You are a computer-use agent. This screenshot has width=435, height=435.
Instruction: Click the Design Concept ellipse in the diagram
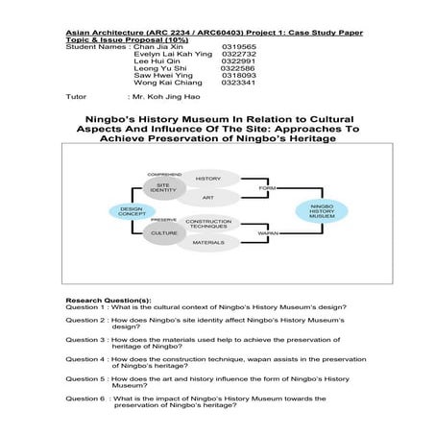tap(131, 211)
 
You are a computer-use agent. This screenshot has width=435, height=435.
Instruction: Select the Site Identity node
tap(163, 187)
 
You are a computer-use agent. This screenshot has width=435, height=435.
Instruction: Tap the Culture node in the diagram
tap(164, 232)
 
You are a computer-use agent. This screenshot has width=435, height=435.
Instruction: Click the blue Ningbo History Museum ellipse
tap(322, 210)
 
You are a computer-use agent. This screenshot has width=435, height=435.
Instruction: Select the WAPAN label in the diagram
tap(268, 233)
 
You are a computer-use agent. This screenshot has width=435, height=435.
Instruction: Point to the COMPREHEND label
tap(164, 174)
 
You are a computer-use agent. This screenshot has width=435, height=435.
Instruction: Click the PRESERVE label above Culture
tap(164, 220)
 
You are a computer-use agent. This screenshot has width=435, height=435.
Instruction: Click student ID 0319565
tap(239, 45)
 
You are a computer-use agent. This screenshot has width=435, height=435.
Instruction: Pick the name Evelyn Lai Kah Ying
tap(172, 53)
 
